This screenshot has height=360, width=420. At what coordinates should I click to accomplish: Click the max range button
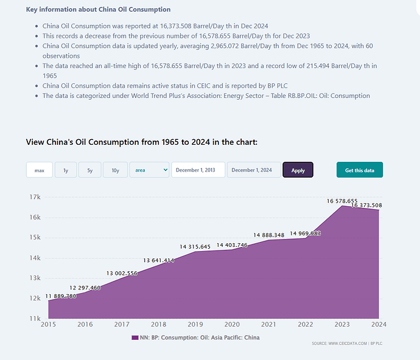tap(40, 170)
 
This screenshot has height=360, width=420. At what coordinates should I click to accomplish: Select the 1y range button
tap(66, 170)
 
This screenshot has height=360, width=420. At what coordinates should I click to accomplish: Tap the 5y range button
tap(90, 170)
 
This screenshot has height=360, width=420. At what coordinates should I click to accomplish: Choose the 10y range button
tap(116, 170)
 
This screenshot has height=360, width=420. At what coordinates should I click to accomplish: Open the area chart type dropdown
tap(150, 170)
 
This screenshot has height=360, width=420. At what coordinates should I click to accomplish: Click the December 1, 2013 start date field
tap(198, 170)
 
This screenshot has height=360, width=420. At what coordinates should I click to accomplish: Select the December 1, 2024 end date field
tap(254, 170)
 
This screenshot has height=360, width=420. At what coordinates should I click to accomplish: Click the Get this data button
tap(360, 170)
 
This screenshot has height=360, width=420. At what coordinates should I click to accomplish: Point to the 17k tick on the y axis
tap(35, 197)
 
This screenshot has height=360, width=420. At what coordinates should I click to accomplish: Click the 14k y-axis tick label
tap(35, 258)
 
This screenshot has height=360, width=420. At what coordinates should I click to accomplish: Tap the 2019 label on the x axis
tap(195, 324)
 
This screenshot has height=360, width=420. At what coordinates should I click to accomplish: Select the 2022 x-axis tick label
tap(306, 324)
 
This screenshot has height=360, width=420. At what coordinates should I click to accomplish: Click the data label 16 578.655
tap(342, 201)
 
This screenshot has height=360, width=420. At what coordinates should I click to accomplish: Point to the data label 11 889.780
tap(61, 296)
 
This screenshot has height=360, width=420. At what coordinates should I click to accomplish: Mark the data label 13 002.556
tap(122, 273)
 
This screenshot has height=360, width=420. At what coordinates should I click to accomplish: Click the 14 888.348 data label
tap(269, 235)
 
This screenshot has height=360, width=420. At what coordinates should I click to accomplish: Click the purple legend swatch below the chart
tap(135, 337)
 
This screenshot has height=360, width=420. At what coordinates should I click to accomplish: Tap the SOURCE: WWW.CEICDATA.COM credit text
tap(340, 344)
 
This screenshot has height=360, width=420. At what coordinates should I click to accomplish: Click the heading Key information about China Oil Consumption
tap(98, 9)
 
